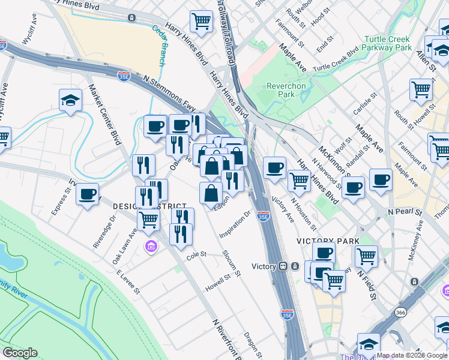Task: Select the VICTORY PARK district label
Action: (x=328, y=241)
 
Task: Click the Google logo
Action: (x=20, y=352)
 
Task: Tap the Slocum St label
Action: (x=231, y=264)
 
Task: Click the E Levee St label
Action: (x=128, y=282)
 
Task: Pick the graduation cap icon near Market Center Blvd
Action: (x=71, y=100)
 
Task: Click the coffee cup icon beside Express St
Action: (x=88, y=194)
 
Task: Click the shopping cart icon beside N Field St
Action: (x=366, y=256)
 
